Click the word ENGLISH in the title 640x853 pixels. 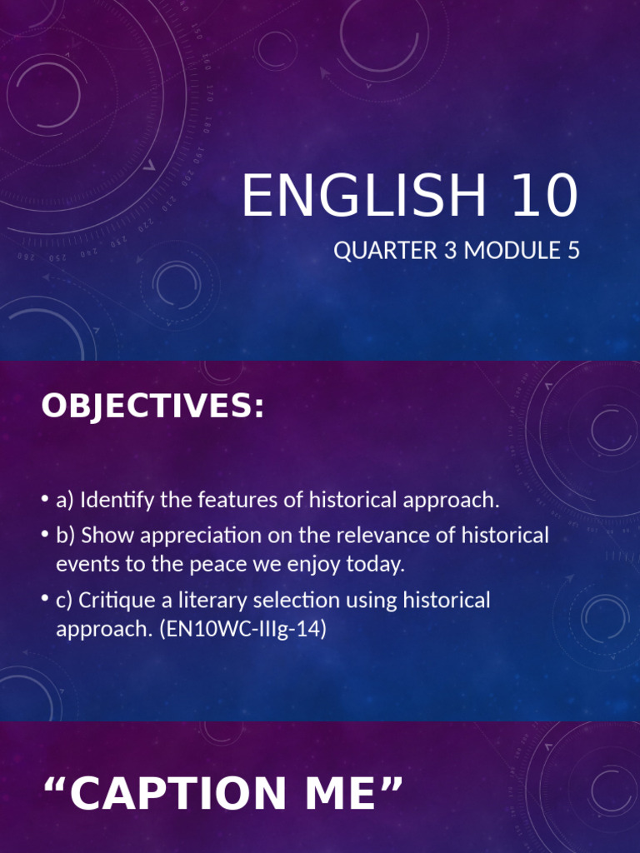tap(362, 197)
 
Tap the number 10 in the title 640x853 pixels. tap(539, 197)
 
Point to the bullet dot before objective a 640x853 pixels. tap(44, 501)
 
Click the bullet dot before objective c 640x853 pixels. tap(44, 600)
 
